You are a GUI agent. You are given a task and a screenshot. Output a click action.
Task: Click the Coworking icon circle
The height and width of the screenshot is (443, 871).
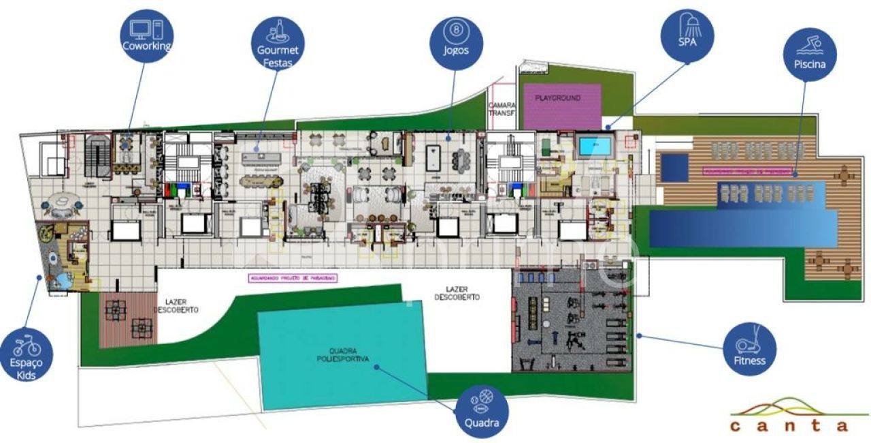pyautogui.click(x=146, y=35)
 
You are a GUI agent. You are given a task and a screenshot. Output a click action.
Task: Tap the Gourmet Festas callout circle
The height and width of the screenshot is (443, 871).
pyautogui.click(x=277, y=44)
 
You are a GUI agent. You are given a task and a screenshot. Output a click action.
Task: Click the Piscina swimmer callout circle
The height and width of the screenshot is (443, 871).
pyautogui.click(x=809, y=54)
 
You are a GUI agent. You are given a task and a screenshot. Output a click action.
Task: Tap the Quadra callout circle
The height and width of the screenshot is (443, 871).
pyautogui.click(x=482, y=411)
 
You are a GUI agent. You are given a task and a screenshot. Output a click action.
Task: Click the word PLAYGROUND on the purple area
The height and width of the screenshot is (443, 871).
pyautogui.click(x=557, y=98)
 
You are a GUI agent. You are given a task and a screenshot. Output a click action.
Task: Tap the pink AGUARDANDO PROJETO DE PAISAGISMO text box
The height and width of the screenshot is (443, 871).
pyautogui.click(x=293, y=278)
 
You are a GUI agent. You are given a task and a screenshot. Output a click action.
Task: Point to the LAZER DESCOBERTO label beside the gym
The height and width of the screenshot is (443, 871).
pyautogui.click(x=457, y=293)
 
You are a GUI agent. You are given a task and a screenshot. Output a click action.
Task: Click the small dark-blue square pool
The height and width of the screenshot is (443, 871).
pyautogui.click(x=674, y=167)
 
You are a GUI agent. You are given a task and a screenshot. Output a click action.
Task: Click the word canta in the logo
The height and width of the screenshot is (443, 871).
pyautogui.click(x=789, y=426)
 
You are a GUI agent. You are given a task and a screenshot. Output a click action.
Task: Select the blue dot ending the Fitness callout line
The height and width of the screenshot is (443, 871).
pyautogui.click(x=640, y=335)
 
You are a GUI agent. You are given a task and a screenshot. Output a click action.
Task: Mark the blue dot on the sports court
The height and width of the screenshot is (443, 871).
pyautogui.click(x=376, y=366)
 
